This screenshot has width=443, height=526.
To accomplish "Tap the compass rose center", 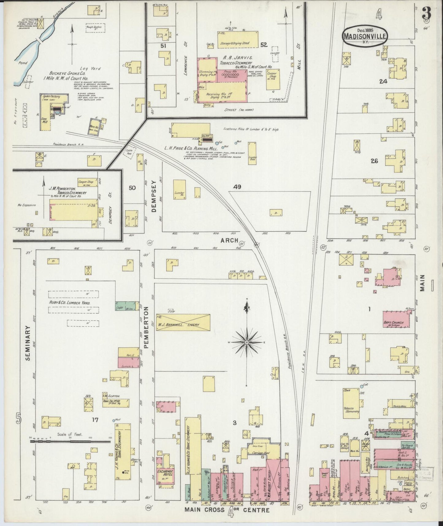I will [246, 342].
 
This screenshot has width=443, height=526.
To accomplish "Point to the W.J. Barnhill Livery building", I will [183, 322].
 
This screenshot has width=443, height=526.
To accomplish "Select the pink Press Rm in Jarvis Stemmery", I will [232, 75].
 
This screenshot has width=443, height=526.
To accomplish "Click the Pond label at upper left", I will [23, 63].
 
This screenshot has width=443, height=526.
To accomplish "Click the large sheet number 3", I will [426, 13].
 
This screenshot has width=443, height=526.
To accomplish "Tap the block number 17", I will [95, 420].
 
